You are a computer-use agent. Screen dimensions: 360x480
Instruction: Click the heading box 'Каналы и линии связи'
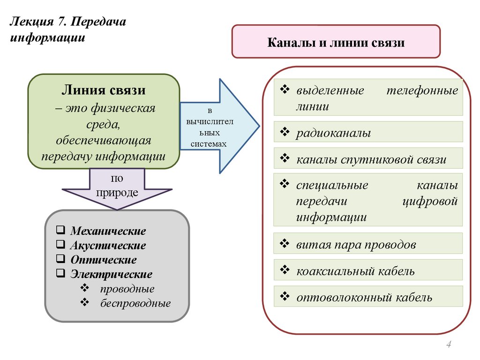pos(336,42)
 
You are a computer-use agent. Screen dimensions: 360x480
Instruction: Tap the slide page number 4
pos(449,345)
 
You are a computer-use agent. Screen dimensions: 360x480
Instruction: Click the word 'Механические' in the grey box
pos(108,231)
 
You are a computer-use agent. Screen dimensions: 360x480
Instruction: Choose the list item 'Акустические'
pos(108,246)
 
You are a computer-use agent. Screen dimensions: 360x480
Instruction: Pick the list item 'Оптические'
pos(104,260)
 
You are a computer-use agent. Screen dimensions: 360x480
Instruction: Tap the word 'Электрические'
pos(111,274)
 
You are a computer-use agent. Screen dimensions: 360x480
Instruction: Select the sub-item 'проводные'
pos(127,289)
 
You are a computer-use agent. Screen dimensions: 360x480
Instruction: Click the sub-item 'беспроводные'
pos(135,303)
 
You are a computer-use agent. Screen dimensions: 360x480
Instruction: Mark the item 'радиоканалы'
pos(333,133)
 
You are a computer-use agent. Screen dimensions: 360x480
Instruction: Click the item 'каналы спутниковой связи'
pos(371,159)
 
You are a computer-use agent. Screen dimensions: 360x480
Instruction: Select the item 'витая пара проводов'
pos(356,245)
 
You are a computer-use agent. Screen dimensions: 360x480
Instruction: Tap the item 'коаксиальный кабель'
pos(355,271)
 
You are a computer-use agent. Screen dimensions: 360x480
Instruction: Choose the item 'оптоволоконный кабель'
pos(364,297)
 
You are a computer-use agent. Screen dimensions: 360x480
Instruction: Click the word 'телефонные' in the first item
pos(422,91)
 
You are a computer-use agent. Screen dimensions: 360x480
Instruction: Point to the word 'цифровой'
pos(429,202)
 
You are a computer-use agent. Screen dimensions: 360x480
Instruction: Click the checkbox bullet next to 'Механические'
pos(60,230)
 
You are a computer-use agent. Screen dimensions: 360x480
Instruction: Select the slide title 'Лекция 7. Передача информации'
pos(68,30)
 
